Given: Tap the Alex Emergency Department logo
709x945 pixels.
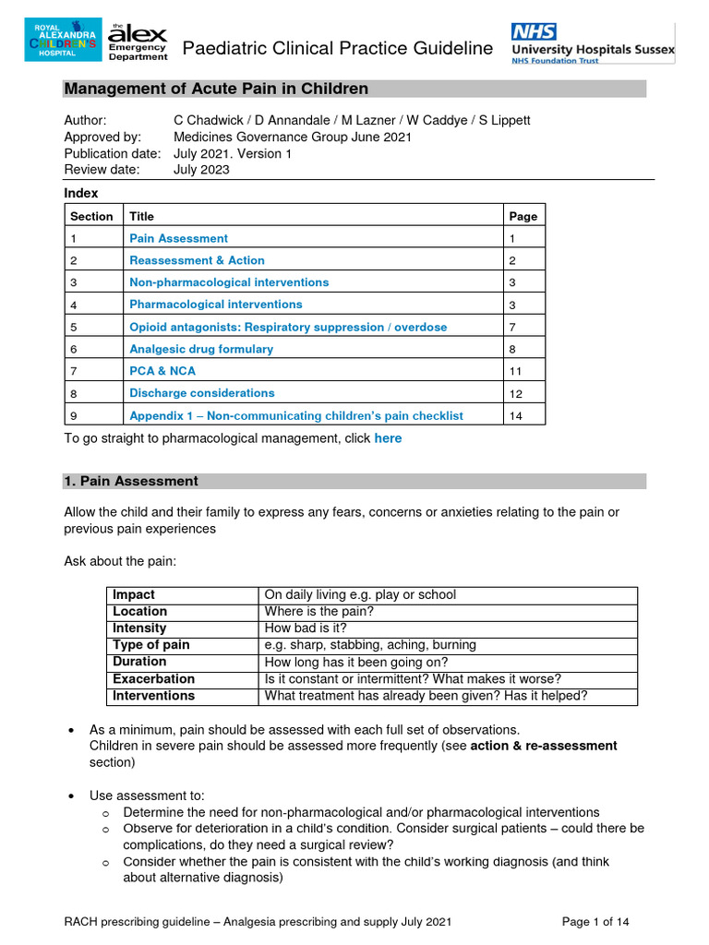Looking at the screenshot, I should pos(138,42).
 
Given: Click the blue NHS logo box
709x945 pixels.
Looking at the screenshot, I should pos(534,30).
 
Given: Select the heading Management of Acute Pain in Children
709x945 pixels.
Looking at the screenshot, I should pos(216,89).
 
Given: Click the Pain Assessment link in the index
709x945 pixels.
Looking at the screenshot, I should pos(178,238).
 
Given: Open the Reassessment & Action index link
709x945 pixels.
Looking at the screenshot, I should pos(197,260).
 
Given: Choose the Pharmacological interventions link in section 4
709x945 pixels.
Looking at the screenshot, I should pos(215,304).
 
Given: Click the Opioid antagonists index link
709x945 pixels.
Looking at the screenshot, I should pos(287,327).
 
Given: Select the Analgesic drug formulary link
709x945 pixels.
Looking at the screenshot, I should pos(201,349).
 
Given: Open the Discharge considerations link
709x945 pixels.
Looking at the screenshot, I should pos(201,392).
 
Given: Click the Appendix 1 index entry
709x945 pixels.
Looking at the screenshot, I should pos(295,415).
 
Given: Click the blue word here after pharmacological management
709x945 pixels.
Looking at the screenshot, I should pos(388,438).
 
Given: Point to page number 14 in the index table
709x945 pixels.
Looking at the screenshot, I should pos(516,416).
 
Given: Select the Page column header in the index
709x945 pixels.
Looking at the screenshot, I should pos(523,216).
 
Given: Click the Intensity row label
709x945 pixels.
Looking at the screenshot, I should pos(139,628).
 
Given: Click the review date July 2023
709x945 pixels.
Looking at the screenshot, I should pos(201,170).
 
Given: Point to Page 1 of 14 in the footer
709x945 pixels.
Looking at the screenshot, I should pos(596,921).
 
